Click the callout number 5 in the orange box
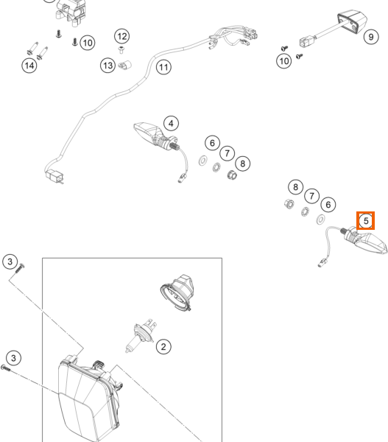(366, 221)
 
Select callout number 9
(371, 37)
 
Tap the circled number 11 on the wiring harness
(163, 67)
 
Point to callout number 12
(122, 36)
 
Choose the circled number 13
(107, 66)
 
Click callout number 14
(29, 66)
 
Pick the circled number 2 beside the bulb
(163, 346)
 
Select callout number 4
(171, 124)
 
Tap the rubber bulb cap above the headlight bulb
(177, 292)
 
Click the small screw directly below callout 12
(121, 50)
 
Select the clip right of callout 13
(124, 66)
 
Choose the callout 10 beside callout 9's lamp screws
(283, 61)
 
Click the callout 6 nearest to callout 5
(328, 205)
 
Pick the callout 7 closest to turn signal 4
(227, 153)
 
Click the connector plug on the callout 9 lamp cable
(307, 41)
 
